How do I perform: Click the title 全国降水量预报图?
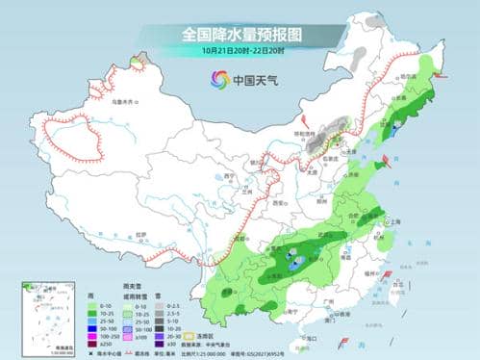coord(240,35)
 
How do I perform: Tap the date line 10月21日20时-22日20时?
coord(240,50)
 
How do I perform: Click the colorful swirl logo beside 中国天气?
coord(208,79)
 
